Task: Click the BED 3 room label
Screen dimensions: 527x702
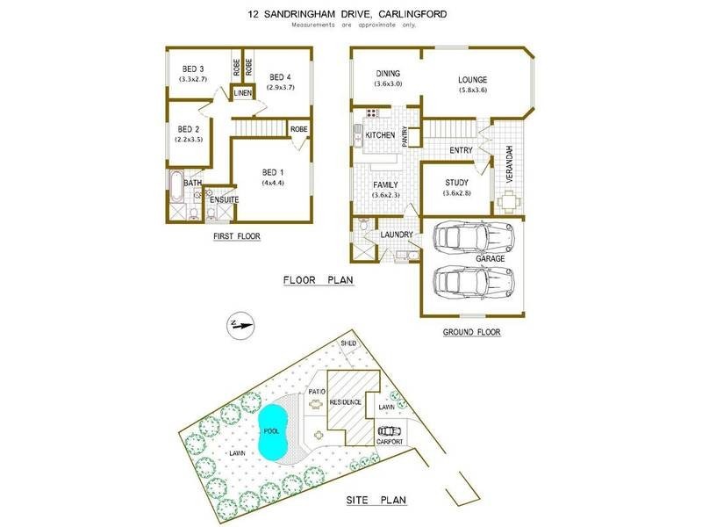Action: tap(193, 69)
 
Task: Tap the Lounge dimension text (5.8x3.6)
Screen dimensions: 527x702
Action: tap(471, 90)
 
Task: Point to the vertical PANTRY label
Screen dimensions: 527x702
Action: tap(405, 135)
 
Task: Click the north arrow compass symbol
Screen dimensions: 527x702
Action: tap(237, 325)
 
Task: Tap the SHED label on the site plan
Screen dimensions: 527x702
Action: tap(360, 343)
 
